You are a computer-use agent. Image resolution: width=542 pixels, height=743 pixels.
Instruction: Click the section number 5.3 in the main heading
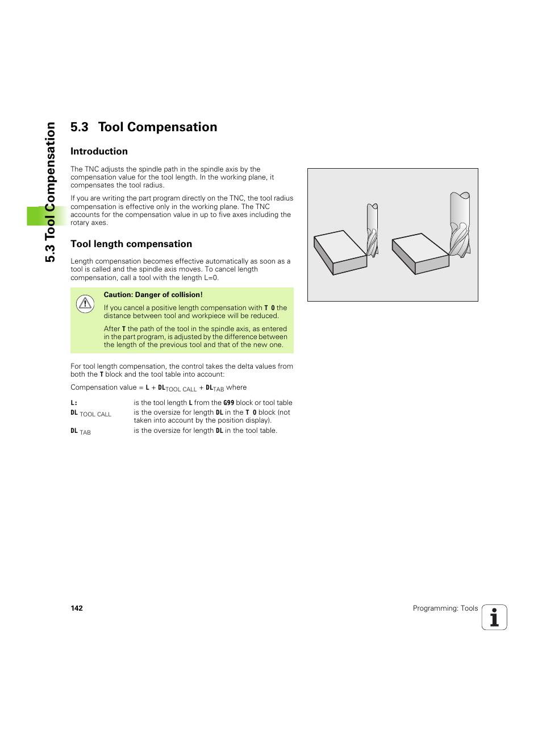click(80, 127)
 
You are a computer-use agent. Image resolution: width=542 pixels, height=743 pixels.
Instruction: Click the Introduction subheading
click(99, 152)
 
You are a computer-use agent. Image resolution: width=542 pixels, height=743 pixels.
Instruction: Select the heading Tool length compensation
click(131, 244)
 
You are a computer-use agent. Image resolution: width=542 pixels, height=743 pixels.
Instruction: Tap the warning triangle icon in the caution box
click(85, 304)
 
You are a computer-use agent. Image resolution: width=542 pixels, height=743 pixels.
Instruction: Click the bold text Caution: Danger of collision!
click(153, 295)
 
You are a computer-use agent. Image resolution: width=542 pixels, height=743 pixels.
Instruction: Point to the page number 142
click(77, 608)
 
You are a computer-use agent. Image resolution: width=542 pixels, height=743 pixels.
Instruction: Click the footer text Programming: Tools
click(445, 608)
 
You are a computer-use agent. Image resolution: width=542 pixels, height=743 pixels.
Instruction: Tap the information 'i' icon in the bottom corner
click(494, 617)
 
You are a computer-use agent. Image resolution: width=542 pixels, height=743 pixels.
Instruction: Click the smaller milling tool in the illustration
click(372, 230)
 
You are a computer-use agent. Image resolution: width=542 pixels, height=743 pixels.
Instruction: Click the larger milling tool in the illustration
click(460, 224)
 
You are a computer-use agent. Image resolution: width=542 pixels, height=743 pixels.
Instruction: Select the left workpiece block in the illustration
click(340, 252)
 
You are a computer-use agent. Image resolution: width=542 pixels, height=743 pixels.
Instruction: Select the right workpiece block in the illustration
click(420, 253)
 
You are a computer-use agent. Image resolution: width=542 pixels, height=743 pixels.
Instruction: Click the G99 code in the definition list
click(228, 403)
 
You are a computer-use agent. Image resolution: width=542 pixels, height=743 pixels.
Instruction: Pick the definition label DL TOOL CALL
click(91, 414)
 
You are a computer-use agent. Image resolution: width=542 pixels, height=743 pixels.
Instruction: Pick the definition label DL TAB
click(81, 432)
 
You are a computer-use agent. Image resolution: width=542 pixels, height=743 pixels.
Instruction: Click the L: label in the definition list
click(74, 403)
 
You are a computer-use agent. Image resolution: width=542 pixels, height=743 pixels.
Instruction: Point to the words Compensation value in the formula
click(103, 387)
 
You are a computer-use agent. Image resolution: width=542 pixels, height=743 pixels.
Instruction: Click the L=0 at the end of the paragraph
click(211, 278)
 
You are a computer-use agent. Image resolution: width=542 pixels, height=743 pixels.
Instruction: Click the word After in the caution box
click(111, 329)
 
